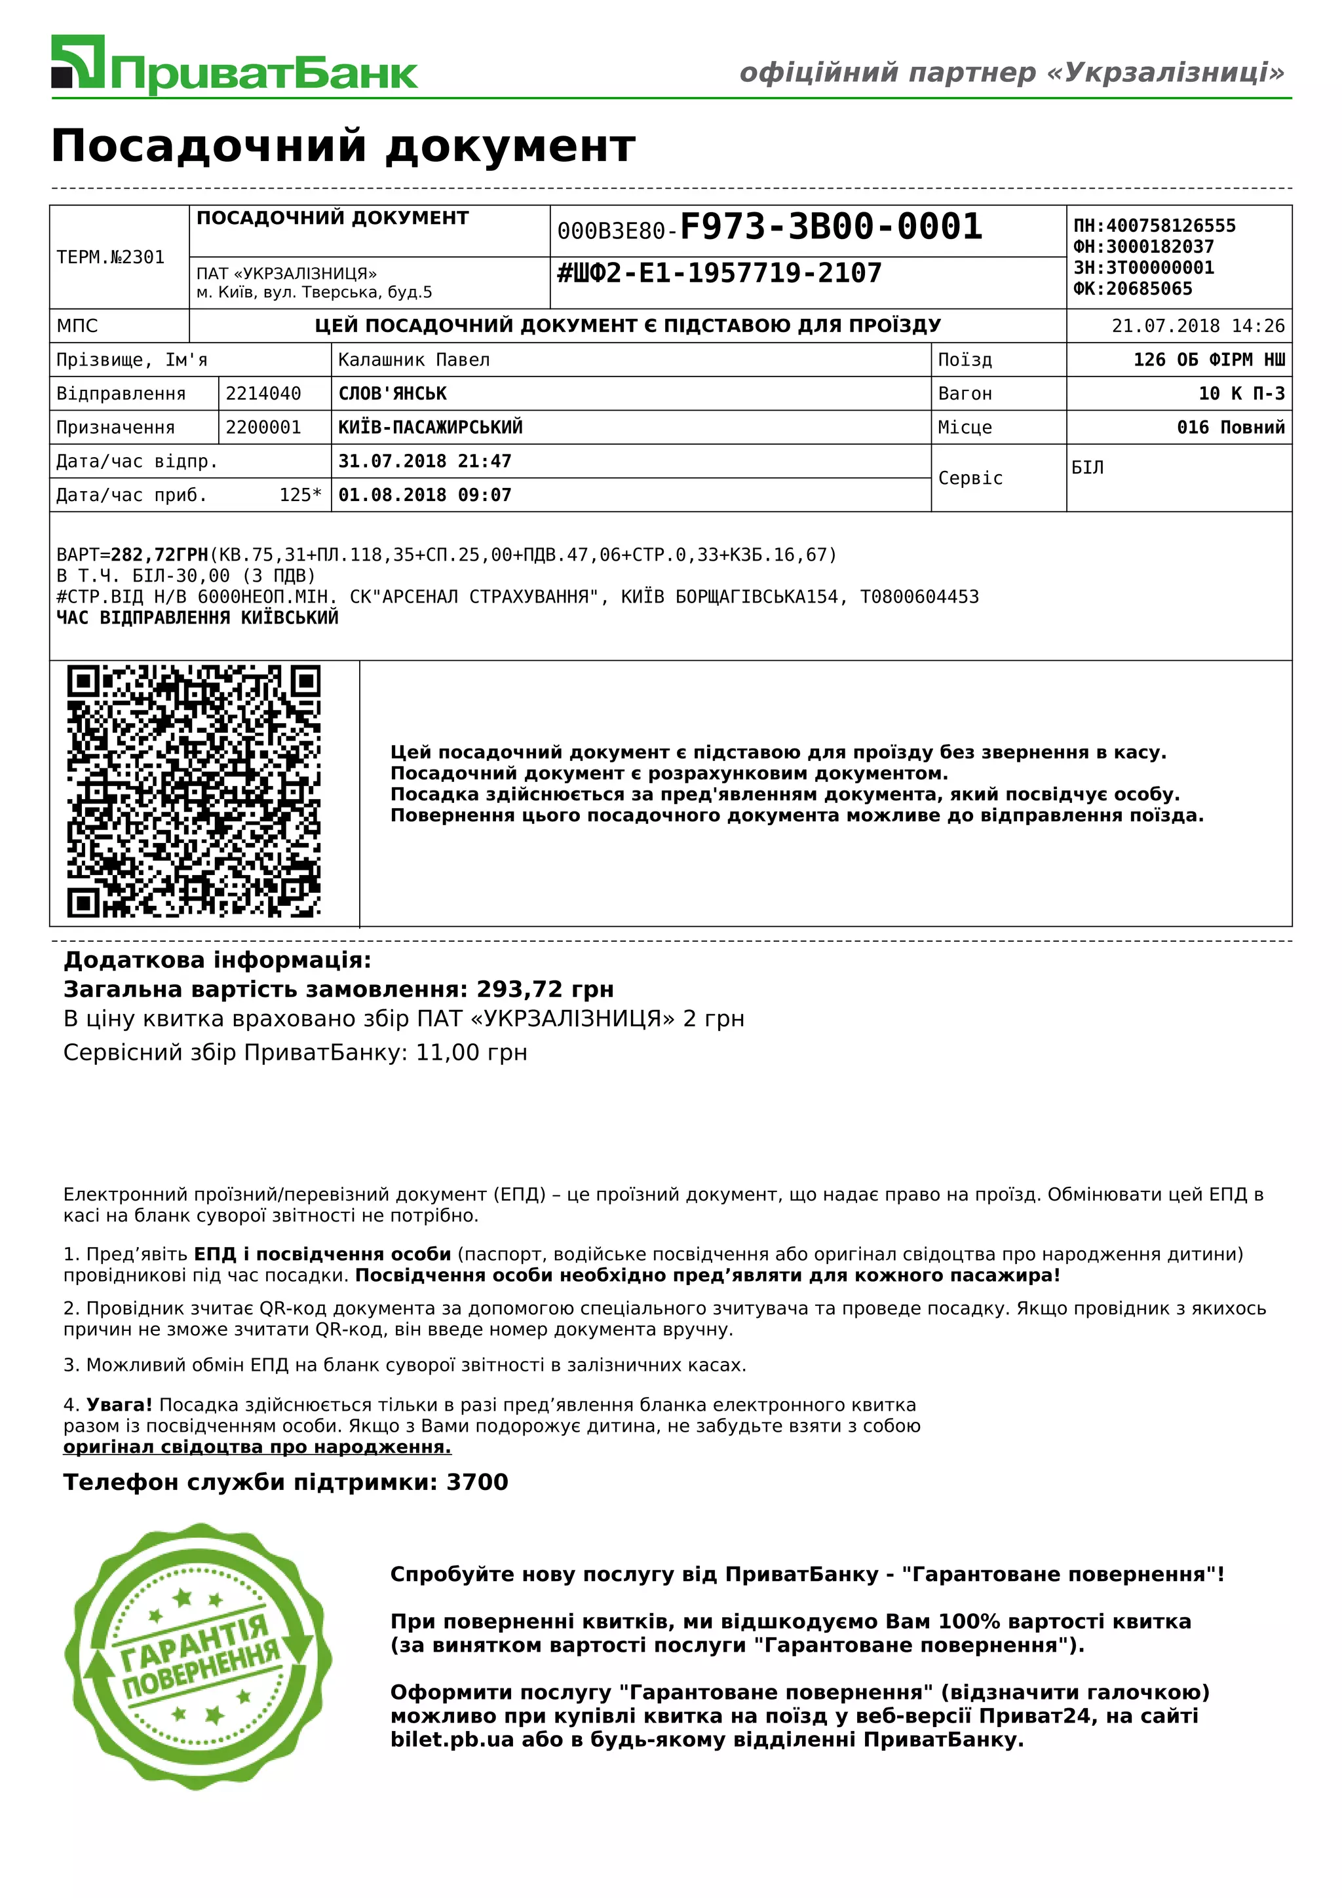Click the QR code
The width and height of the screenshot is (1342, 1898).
(193, 791)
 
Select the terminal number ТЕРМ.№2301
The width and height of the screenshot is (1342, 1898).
(111, 257)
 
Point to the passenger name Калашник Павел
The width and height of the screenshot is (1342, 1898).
(413, 360)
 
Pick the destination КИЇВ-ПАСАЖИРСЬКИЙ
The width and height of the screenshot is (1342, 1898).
(430, 428)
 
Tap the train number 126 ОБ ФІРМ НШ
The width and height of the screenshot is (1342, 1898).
(1208, 360)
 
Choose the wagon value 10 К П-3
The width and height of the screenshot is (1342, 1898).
(1241, 394)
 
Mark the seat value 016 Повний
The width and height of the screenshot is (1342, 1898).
(1231, 428)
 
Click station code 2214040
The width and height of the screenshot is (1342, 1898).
(263, 394)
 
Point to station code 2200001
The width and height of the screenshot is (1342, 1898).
(263, 428)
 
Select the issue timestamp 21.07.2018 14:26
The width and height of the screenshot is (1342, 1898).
(1197, 326)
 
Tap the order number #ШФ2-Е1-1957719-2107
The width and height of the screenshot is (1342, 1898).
(719, 273)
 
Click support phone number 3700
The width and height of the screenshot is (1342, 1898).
(477, 1482)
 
